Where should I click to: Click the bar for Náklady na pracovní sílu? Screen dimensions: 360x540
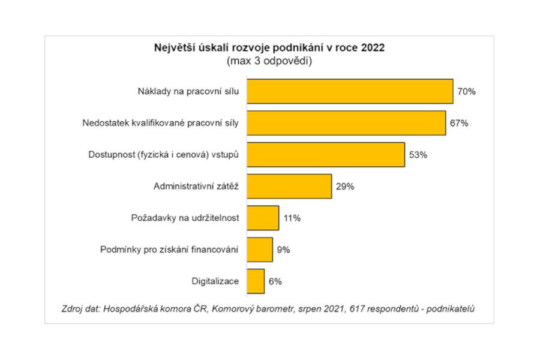tap(350, 91)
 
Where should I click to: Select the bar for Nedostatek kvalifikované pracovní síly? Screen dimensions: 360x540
tap(346, 123)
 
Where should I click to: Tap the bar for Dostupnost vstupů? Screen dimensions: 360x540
tap(326, 155)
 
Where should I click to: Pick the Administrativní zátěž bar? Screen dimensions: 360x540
tap(289, 186)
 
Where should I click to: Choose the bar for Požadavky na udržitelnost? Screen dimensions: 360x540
tap(263, 218)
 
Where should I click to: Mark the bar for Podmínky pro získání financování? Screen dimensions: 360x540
tap(260, 250)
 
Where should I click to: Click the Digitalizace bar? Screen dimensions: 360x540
tap(256, 281)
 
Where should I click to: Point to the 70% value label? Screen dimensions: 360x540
tap(466, 92)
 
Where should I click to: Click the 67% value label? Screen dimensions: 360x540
tap(458, 123)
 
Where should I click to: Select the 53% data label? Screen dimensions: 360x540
tap(418, 155)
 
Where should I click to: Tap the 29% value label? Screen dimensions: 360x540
tap(345, 187)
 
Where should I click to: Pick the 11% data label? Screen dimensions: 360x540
tap(292, 218)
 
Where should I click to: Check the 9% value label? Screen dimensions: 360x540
tap(283, 250)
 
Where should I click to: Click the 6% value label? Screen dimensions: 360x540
tap(275, 281)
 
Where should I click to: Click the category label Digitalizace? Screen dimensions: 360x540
tap(215, 281)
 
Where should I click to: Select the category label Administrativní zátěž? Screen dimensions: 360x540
tap(196, 187)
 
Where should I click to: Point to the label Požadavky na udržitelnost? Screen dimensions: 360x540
tap(185, 218)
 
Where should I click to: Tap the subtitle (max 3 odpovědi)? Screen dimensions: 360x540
tap(269, 61)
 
